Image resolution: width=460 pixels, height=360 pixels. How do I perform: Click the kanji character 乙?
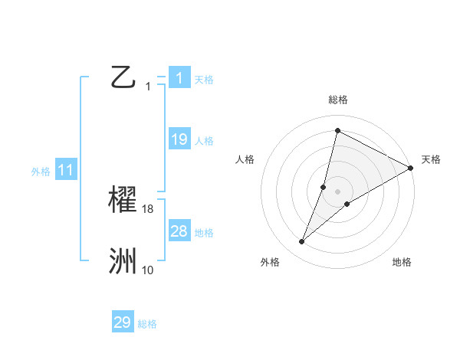tap(123, 77)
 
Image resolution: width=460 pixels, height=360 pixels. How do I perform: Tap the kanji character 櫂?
tap(123, 200)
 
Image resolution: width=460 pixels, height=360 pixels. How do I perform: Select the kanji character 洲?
tap(123, 261)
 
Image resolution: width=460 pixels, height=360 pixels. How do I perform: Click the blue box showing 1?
tap(179, 77)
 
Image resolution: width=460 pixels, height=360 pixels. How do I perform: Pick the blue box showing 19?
tap(179, 139)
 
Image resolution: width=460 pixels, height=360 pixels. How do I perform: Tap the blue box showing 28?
tap(179, 231)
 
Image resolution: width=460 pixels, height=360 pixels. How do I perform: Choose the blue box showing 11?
tap(66, 170)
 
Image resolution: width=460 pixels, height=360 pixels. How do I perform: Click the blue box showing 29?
tap(123, 322)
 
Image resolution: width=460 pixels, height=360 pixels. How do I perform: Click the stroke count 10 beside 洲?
tap(148, 270)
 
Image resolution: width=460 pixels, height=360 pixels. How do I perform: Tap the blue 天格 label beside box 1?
tap(204, 79)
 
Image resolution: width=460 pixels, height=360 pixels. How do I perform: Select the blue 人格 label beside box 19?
tap(204, 140)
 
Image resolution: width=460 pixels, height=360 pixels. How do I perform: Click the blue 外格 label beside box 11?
tap(41, 172)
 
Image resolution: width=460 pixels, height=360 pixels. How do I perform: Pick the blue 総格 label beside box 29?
tap(147, 324)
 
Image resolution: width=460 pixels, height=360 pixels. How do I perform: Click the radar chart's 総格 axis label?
tap(338, 100)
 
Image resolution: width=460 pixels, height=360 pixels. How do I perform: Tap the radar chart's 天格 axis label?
tap(431, 159)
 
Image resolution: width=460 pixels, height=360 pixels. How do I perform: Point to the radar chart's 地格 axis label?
tap(402, 262)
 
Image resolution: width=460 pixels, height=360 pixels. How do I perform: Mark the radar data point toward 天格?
tap(411, 168)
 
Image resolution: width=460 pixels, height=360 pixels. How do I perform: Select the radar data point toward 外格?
tap(302, 242)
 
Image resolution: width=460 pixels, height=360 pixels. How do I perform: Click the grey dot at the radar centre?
tap(338, 191)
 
